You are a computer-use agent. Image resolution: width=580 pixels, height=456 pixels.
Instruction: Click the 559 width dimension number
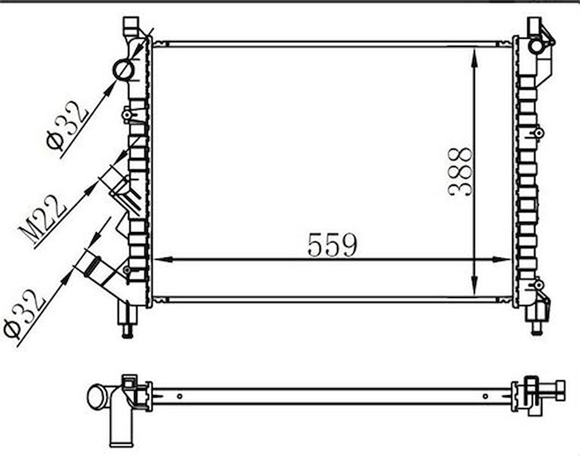coord(332,245)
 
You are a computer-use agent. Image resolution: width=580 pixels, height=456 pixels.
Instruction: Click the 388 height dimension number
coord(461,172)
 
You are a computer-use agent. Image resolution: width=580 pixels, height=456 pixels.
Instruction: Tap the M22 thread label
coord(43,219)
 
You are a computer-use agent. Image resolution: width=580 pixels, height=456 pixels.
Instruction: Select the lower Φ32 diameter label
coord(24,314)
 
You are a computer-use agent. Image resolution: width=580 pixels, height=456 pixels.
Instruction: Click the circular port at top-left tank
coord(123,70)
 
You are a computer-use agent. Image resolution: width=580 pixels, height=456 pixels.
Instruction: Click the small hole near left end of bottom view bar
coord(180,396)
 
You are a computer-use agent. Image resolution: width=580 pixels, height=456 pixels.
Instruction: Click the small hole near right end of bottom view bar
coord(485,396)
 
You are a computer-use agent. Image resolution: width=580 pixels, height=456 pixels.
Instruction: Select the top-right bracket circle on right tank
coord(535,46)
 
